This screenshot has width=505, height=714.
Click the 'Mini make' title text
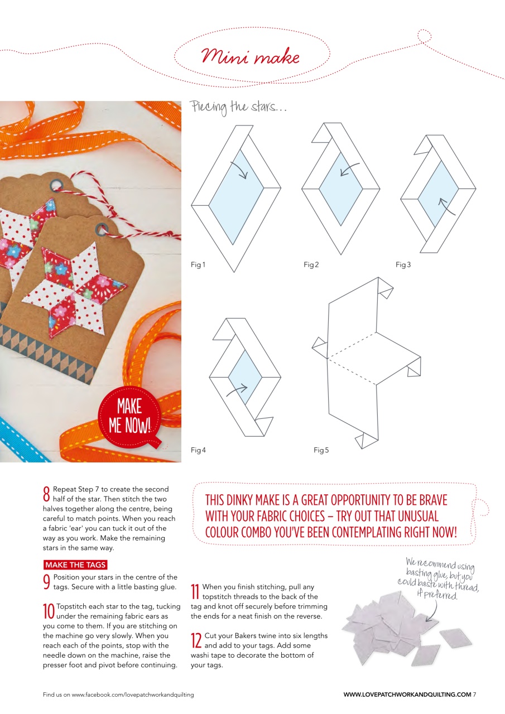(x=251, y=57)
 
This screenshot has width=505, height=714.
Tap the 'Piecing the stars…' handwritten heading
(x=239, y=107)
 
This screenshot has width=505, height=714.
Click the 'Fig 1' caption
(x=198, y=265)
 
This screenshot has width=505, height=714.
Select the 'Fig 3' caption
(x=403, y=265)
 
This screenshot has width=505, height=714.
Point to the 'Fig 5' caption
(x=321, y=450)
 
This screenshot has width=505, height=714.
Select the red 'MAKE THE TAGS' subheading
(x=75, y=565)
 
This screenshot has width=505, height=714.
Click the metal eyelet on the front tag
(x=102, y=228)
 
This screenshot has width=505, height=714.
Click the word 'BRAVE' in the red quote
(x=430, y=500)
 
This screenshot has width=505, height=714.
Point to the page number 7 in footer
(x=474, y=694)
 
